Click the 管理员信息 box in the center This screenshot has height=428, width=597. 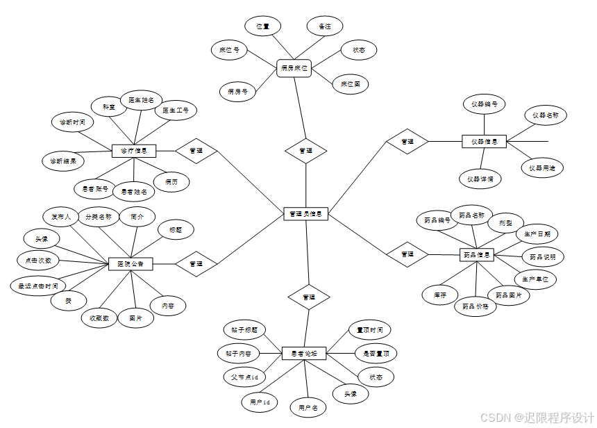(306, 214)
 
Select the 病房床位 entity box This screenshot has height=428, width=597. (294, 68)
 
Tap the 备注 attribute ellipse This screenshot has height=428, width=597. (325, 26)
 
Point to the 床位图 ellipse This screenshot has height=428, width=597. (351, 85)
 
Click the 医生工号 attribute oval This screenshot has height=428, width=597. (176, 110)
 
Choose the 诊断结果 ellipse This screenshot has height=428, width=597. (63, 161)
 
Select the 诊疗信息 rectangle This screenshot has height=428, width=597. (134, 150)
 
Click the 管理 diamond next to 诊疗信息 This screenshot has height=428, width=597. (196, 150)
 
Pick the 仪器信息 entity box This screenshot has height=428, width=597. (485, 142)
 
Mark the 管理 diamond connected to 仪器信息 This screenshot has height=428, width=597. (407, 142)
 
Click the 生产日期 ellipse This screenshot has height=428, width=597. (537, 233)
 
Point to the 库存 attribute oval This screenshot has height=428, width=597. (440, 295)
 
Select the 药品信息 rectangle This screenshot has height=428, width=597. (477, 255)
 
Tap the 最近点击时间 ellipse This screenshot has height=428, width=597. (38, 285)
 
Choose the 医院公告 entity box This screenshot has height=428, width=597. (131, 263)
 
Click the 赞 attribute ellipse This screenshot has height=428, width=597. (69, 300)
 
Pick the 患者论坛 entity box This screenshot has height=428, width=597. (304, 354)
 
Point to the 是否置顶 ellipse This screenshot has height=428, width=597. (376, 353)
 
